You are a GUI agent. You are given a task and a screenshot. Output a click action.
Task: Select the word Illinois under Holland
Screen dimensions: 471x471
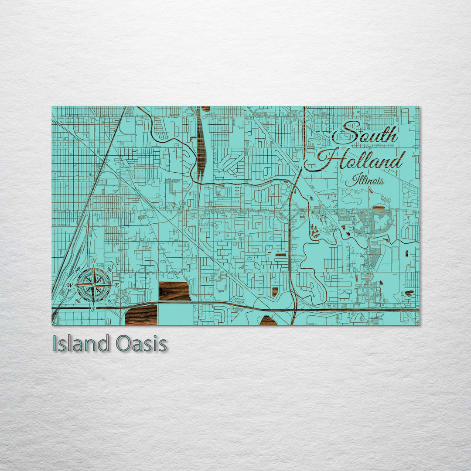pos(365,180)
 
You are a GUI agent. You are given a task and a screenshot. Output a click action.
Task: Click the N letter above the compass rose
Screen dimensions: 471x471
pos(93,261)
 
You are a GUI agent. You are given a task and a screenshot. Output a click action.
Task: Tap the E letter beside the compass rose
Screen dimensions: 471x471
pos(117,285)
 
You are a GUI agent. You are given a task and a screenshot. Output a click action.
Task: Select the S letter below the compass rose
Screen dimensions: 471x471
pos(93,309)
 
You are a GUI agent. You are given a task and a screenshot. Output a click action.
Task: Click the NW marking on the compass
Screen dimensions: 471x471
pos(78,270)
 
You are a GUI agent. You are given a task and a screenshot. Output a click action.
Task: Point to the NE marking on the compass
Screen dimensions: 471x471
pos(109,270)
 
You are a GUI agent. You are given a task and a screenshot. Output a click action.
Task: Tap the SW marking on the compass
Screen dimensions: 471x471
pos(78,300)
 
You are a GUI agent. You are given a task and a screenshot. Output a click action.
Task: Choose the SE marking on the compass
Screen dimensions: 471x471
pos(109,300)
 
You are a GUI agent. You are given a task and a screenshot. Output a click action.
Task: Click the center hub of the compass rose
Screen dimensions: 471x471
pos(93,285)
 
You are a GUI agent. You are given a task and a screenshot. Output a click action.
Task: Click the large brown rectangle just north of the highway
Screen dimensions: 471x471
pos(174,291)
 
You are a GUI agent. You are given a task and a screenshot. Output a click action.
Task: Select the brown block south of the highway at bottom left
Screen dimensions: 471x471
pos(141,315)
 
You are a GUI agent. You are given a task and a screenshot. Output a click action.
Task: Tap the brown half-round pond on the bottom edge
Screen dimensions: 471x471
pos(268,321)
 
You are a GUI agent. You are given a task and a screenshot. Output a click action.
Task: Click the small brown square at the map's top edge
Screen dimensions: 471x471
pos(205,109)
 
